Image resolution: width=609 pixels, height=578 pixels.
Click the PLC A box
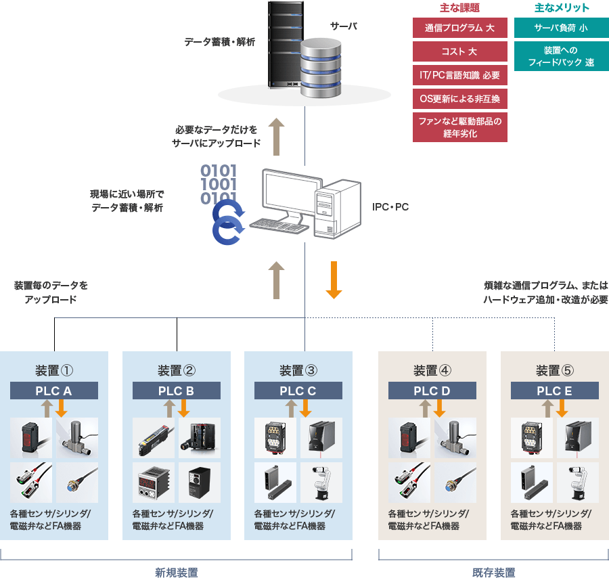54,391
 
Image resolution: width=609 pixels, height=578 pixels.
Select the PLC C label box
298,391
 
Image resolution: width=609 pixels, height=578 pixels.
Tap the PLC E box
554,391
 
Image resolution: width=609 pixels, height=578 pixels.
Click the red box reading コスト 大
459,51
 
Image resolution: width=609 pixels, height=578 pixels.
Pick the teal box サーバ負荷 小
561,28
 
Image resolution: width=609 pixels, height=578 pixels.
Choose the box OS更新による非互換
459,98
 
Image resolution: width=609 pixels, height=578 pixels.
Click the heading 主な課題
459,8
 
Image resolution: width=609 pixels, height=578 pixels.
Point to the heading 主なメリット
562,8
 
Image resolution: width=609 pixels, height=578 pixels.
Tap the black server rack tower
284,44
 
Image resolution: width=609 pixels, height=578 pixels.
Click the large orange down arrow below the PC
334,280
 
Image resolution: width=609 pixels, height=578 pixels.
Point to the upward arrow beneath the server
275,136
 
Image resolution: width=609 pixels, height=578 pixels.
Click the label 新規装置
176,573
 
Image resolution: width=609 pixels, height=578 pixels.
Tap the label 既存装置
493,573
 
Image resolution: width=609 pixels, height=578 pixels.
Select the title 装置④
432,370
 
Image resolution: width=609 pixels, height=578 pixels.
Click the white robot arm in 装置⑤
577,483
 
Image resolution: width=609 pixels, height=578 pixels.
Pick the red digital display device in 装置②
153,483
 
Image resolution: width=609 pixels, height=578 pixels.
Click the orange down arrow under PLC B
183,408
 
